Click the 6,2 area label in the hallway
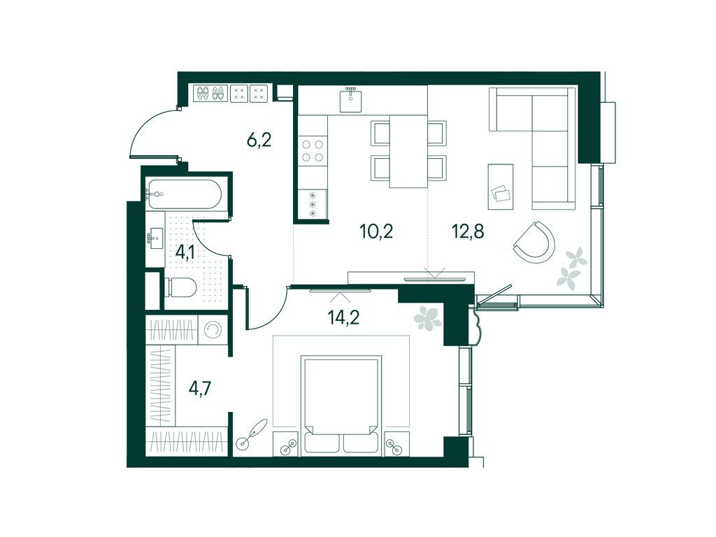[x=259, y=140]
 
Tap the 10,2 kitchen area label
[x=376, y=232]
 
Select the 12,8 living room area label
[x=468, y=232]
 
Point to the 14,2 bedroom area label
[x=344, y=317]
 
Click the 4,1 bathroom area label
[x=185, y=252]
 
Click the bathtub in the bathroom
[x=184, y=194]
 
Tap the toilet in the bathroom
[x=181, y=287]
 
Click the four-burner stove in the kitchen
[x=313, y=151]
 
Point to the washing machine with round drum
[x=213, y=329]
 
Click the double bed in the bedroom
[x=341, y=406]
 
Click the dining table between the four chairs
[x=408, y=151]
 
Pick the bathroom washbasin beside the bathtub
[x=155, y=238]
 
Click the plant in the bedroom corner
[x=427, y=318]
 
